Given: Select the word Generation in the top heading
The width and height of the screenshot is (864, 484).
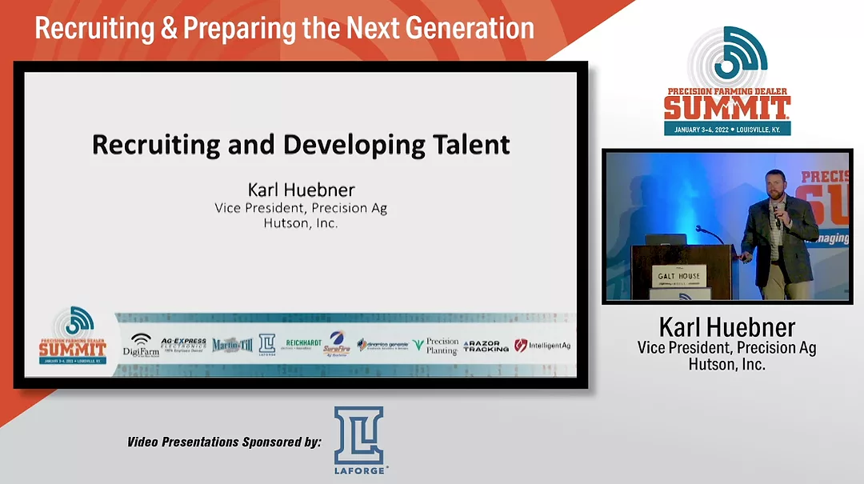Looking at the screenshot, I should (470, 28).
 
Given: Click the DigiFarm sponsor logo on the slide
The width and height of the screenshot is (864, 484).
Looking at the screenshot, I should (141, 345).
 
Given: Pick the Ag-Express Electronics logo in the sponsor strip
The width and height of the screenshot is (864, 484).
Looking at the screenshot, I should (184, 345).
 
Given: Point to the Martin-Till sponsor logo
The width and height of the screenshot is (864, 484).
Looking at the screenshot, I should (232, 345).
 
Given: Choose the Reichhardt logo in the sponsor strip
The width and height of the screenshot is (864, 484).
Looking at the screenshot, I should (305, 344).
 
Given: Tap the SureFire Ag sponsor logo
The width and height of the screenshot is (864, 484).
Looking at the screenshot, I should (337, 344).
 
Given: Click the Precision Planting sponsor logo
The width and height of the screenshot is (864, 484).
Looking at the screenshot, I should (436, 346).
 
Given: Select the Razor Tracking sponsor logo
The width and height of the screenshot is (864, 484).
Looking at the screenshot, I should (486, 346).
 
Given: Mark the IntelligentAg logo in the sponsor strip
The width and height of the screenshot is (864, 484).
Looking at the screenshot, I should (542, 346).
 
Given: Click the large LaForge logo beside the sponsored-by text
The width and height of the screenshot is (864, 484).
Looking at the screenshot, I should (358, 440).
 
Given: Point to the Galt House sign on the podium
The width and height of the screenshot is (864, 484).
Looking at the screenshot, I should (678, 277).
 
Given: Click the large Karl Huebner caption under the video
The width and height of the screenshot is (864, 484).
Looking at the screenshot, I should (726, 327).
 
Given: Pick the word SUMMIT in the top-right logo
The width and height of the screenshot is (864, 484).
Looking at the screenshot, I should (726, 107).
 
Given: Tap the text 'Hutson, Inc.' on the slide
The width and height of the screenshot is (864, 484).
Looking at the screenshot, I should (301, 223).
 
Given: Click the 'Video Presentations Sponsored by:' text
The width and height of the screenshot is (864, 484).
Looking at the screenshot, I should (224, 442).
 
